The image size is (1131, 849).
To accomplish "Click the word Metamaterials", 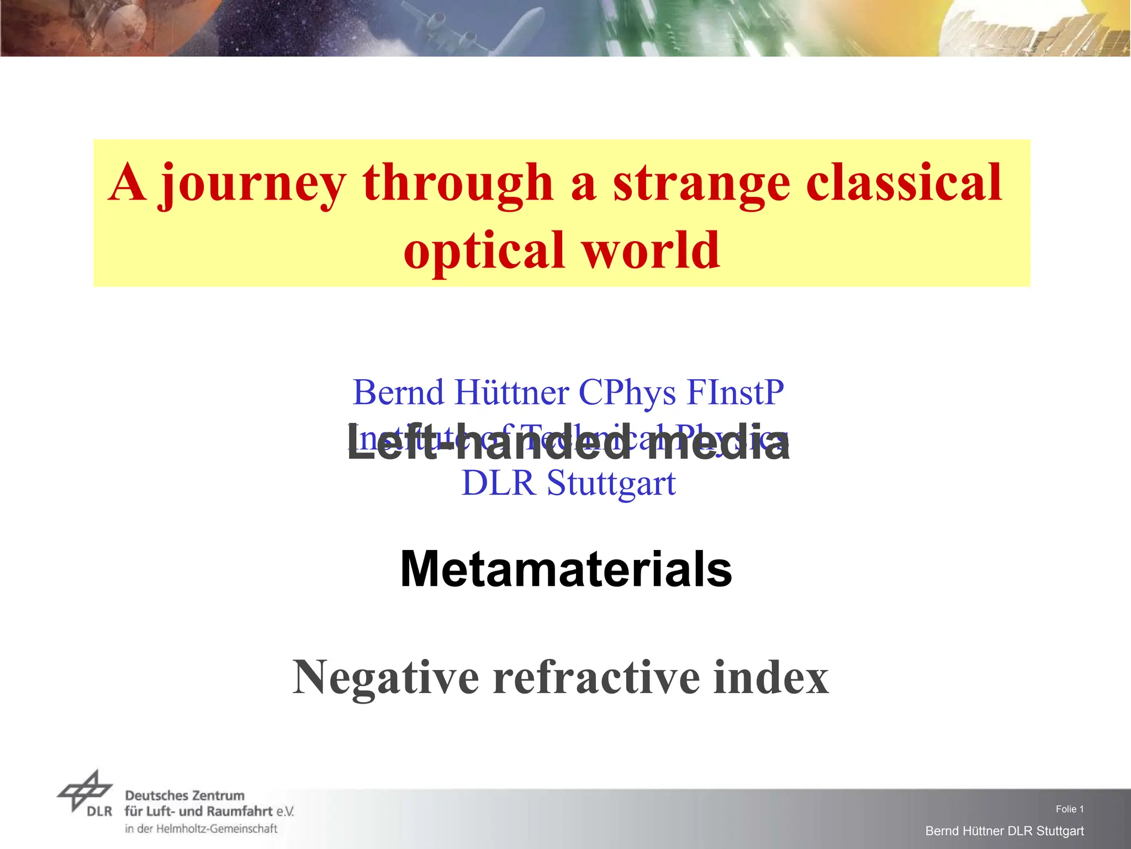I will click(x=566, y=569).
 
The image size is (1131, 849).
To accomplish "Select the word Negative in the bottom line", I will click(x=386, y=678).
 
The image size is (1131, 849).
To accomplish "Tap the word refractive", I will click(x=596, y=678).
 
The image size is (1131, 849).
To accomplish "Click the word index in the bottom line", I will click(x=771, y=678).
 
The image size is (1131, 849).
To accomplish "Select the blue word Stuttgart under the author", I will click(x=611, y=484).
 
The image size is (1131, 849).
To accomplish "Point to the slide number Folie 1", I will click(x=1070, y=809).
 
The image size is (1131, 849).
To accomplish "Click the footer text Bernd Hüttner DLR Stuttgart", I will click(x=1005, y=831).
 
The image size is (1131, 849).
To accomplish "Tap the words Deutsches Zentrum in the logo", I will click(x=184, y=796).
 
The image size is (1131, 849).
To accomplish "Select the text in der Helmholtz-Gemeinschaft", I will click(x=201, y=829).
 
